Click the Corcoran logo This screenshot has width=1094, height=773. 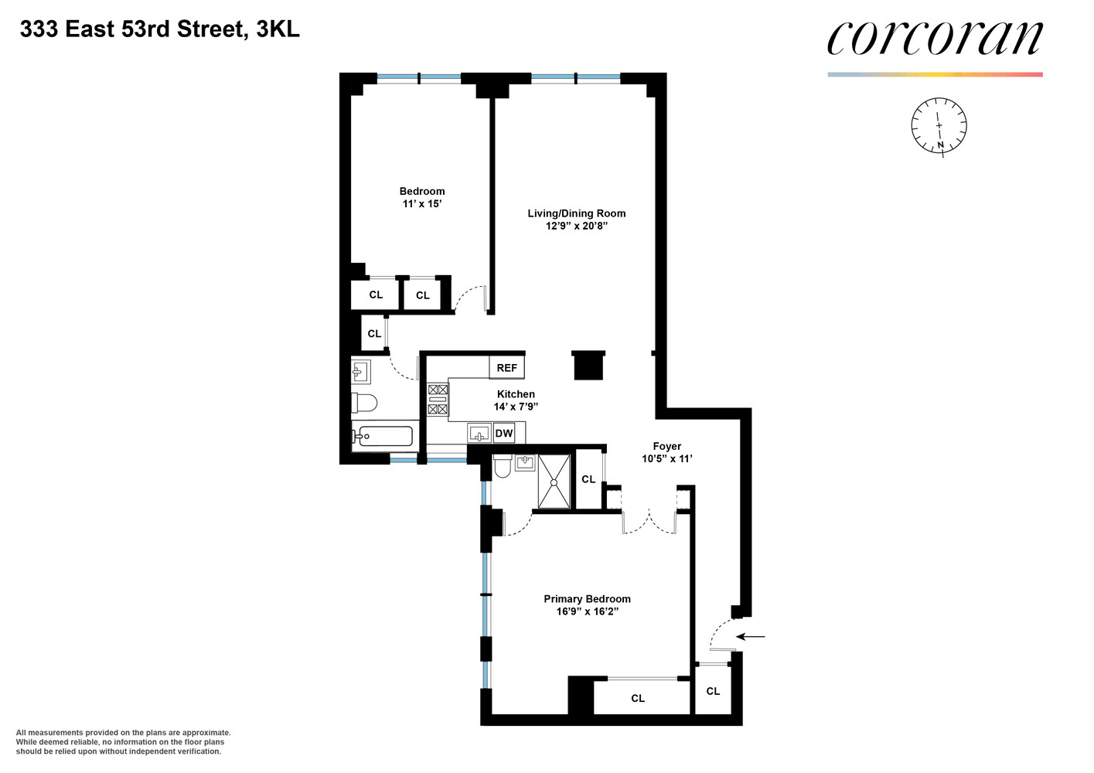[x=934, y=39]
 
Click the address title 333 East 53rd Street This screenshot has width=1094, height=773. [x=159, y=29]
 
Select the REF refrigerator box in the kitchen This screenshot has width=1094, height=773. [x=506, y=368]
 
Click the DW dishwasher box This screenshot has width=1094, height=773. [x=504, y=434]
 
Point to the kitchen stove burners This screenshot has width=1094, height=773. [x=438, y=400]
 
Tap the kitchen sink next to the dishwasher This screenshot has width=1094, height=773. [x=479, y=434]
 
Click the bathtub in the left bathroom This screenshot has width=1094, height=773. [x=383, y=438]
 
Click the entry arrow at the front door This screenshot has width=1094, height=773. [x=750, y=637]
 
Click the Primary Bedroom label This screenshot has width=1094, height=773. [x=587, y=599]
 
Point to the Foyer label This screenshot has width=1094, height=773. [x=666, y=446]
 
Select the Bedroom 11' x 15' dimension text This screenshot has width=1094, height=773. [x=422, y=204]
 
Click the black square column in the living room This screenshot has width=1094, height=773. [x=588, y=366]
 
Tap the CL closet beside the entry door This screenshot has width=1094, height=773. [x=713, y=691]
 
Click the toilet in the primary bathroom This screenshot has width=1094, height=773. [x=502, y=465]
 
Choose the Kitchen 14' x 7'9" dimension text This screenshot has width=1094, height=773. [x=516, y=407]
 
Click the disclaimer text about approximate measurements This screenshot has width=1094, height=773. [x=123, y=742]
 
